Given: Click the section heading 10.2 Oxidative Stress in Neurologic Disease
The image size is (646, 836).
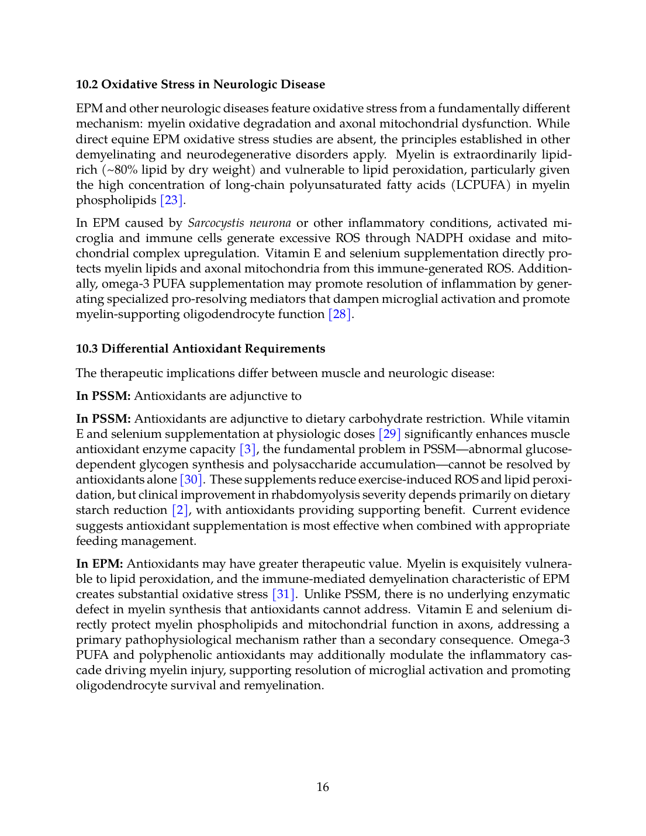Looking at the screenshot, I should pos(200,84).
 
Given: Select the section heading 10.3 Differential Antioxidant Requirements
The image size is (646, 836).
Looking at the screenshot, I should pos(200,348).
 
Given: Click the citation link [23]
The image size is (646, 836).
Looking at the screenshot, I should pos(172,201).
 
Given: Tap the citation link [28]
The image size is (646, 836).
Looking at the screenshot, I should pos(340,315).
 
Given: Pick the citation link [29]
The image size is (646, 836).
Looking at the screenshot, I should pos(390,434).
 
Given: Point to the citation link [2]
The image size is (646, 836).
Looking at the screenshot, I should pos(180,510).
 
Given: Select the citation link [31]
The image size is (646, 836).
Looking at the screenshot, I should pos(284,595).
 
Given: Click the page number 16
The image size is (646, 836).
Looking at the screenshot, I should pos(323,787).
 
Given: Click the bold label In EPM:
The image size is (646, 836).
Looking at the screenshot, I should pos(99,564).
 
